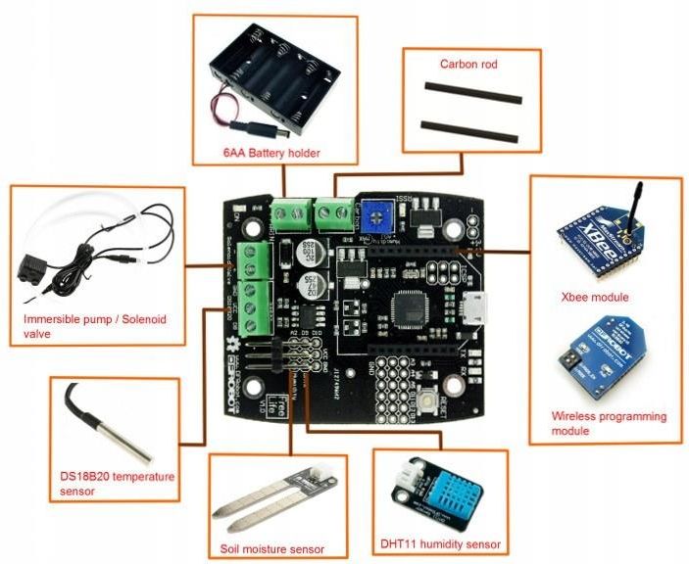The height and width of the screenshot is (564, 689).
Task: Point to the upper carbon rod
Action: tap(471, 93)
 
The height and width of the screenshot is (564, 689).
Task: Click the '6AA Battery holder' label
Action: tap(271, 153)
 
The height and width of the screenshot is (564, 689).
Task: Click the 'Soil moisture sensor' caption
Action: tap(271, 548)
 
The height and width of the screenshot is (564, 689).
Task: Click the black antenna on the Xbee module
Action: tap(633, 203)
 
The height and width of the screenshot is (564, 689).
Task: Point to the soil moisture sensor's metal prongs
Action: tap(253, 510)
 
